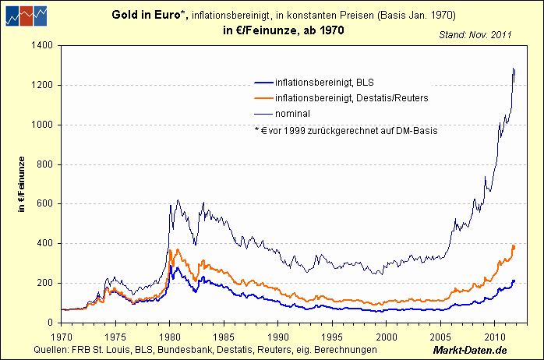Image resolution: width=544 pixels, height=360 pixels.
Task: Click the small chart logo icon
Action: [23, 15]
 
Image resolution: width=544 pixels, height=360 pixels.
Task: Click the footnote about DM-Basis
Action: [345, 130]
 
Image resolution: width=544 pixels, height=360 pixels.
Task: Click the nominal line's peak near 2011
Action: [514, 69]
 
